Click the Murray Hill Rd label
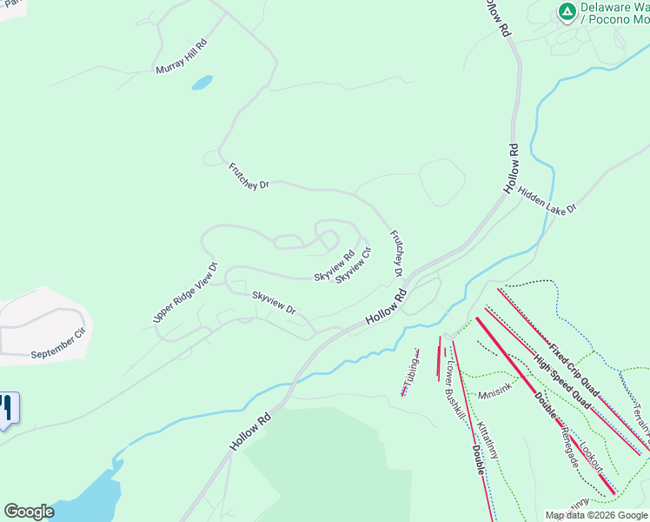point(182,57)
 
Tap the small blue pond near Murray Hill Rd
point(202,83)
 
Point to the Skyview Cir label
point(354,264)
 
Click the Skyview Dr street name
point(274,304)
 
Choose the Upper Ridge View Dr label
point(184,293)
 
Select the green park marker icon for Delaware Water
point(567,11)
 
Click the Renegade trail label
point(570,445)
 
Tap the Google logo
point(29,512)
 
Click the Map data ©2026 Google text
point(596,515)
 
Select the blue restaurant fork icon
point(8,410)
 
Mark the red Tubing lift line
point(409,372)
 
